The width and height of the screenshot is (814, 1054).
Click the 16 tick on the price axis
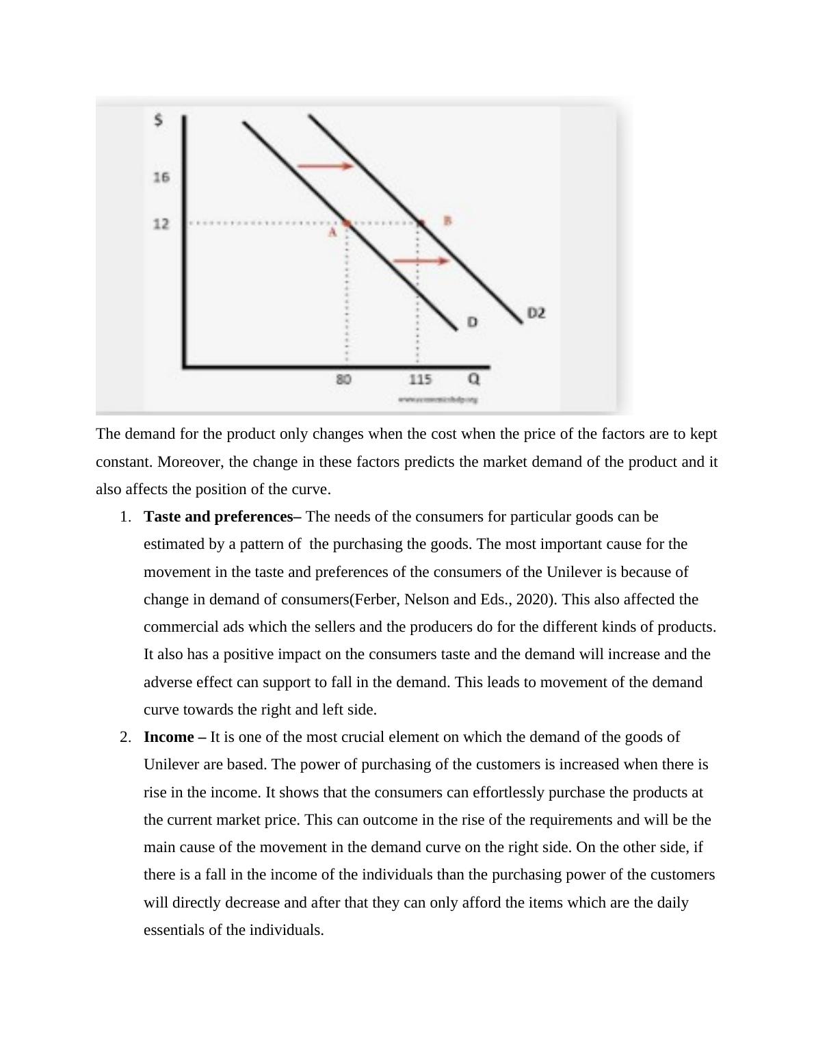click(x=161, y=177)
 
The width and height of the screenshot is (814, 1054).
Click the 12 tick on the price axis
click(x=161, y=224)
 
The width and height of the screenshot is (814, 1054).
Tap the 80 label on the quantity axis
click(x=344, y=379)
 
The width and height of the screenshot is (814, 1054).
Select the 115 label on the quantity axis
click(x=420, y=379)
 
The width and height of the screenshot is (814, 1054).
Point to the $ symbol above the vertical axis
click(x=159, y=120)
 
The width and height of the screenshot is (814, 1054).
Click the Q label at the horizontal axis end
click(x=473, y=378)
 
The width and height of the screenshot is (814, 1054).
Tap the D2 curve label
click(x=536, y=313)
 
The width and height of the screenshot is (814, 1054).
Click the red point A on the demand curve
click(x=347, y=224)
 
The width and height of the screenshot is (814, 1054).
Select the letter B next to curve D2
click(x=448, y=220)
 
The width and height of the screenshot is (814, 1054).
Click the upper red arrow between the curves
click(x=325, y=166)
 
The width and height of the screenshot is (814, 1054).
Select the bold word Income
click(x=169, y=737)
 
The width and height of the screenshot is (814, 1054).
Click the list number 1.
click(x=124, y=517)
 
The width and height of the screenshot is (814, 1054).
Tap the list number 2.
click(x=124, y=737)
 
